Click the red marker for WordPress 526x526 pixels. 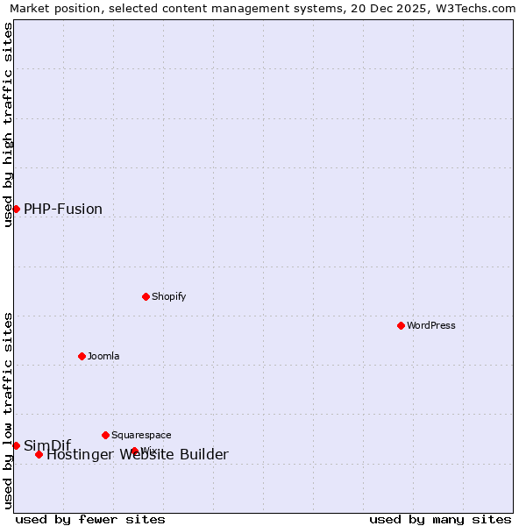(x=401, y=325)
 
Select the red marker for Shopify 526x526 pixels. (x=146, y=296)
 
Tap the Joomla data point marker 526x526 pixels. (x=82, y=356)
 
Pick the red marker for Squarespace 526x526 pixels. (x=105, y=435)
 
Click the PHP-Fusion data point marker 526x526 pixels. (x=16, y=209)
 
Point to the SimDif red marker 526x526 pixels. (x=16, y=445)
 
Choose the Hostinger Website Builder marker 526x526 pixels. (x=39, y=454)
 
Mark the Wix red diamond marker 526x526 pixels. (x=134, y=451)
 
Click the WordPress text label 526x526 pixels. (x=430, y=325)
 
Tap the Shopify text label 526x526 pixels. (x=168, y=296)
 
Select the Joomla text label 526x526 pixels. (x=103, y=356)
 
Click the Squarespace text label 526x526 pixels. (x=141, y=435)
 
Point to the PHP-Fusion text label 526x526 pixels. (x=63, y=209)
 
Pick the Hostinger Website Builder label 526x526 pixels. (x=138, y=454)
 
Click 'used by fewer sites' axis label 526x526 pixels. (x=90, y=519)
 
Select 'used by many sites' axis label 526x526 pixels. (x=440, y=519)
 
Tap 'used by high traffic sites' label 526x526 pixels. (x=8, y=124)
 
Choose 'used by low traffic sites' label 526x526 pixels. (x=8, y=410)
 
